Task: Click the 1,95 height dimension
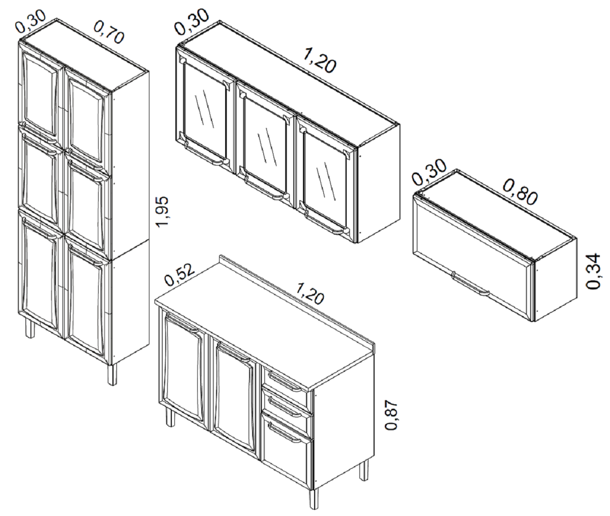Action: [x=163, y=212]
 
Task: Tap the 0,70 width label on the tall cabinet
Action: [x=109, y=32]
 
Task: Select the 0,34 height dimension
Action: [x=593, y=271]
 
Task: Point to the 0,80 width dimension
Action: [x=521, y=191]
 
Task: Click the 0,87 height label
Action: [x=391, y=415]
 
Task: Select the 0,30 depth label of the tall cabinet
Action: [x=30, y=21]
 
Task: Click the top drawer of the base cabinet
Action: [x=285, y=382]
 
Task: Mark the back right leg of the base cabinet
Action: [x=363, y=471]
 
